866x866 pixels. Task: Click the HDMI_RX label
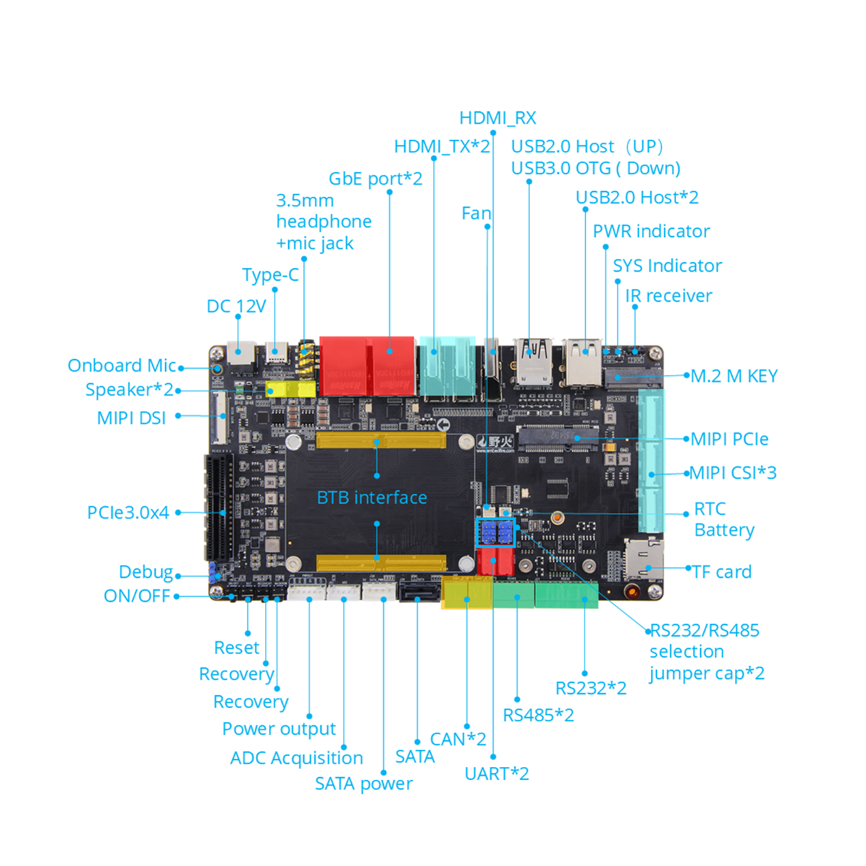[x=497, y=118]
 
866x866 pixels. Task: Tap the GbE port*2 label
[x=375, y=178]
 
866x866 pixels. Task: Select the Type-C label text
[x=270, y=275]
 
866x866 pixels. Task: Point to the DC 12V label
[x=236, y=306]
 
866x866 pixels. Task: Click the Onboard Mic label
[x=122, y=365]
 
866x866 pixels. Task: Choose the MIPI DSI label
[x=131, y=418]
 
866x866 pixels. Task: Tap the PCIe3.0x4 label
[x=128, y=512]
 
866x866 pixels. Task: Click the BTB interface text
[x=372, y=497]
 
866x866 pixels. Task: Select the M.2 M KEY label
[x=734, y=376]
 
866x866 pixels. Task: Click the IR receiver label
[x=668, y=296]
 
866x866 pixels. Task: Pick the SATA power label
[x=363, y=783]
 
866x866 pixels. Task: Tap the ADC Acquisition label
[x=296, y=757]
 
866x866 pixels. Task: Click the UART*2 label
[x=497, y=774]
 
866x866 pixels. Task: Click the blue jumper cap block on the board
[x=496, y=532]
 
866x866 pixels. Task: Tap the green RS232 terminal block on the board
[x=566, y=594]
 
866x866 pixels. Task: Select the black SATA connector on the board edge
[x=418, y=589]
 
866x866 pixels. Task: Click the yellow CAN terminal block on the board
[x=466, y=593]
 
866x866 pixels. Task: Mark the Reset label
[x=236, y=647]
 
